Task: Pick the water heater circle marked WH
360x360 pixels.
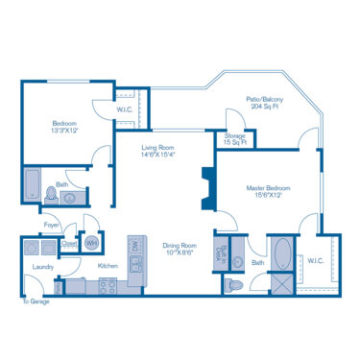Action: click(x=91, y=243)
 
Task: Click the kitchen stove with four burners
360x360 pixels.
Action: click(x=108, y=285)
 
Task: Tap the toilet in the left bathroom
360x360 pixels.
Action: click(x=51, y=194)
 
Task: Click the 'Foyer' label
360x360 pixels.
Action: click(x=51, y=225)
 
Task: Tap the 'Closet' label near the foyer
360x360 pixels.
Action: click(x=69, y=245)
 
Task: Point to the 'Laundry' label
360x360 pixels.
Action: click(x=42, y=268)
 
